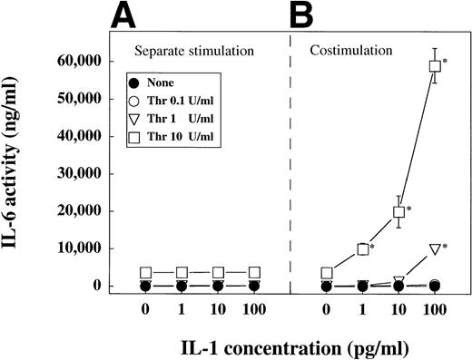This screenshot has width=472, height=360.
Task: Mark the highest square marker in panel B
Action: point(435,65)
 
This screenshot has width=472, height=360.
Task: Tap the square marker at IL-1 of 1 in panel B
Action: point(363,248)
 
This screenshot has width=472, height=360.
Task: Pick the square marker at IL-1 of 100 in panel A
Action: point(255,272)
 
